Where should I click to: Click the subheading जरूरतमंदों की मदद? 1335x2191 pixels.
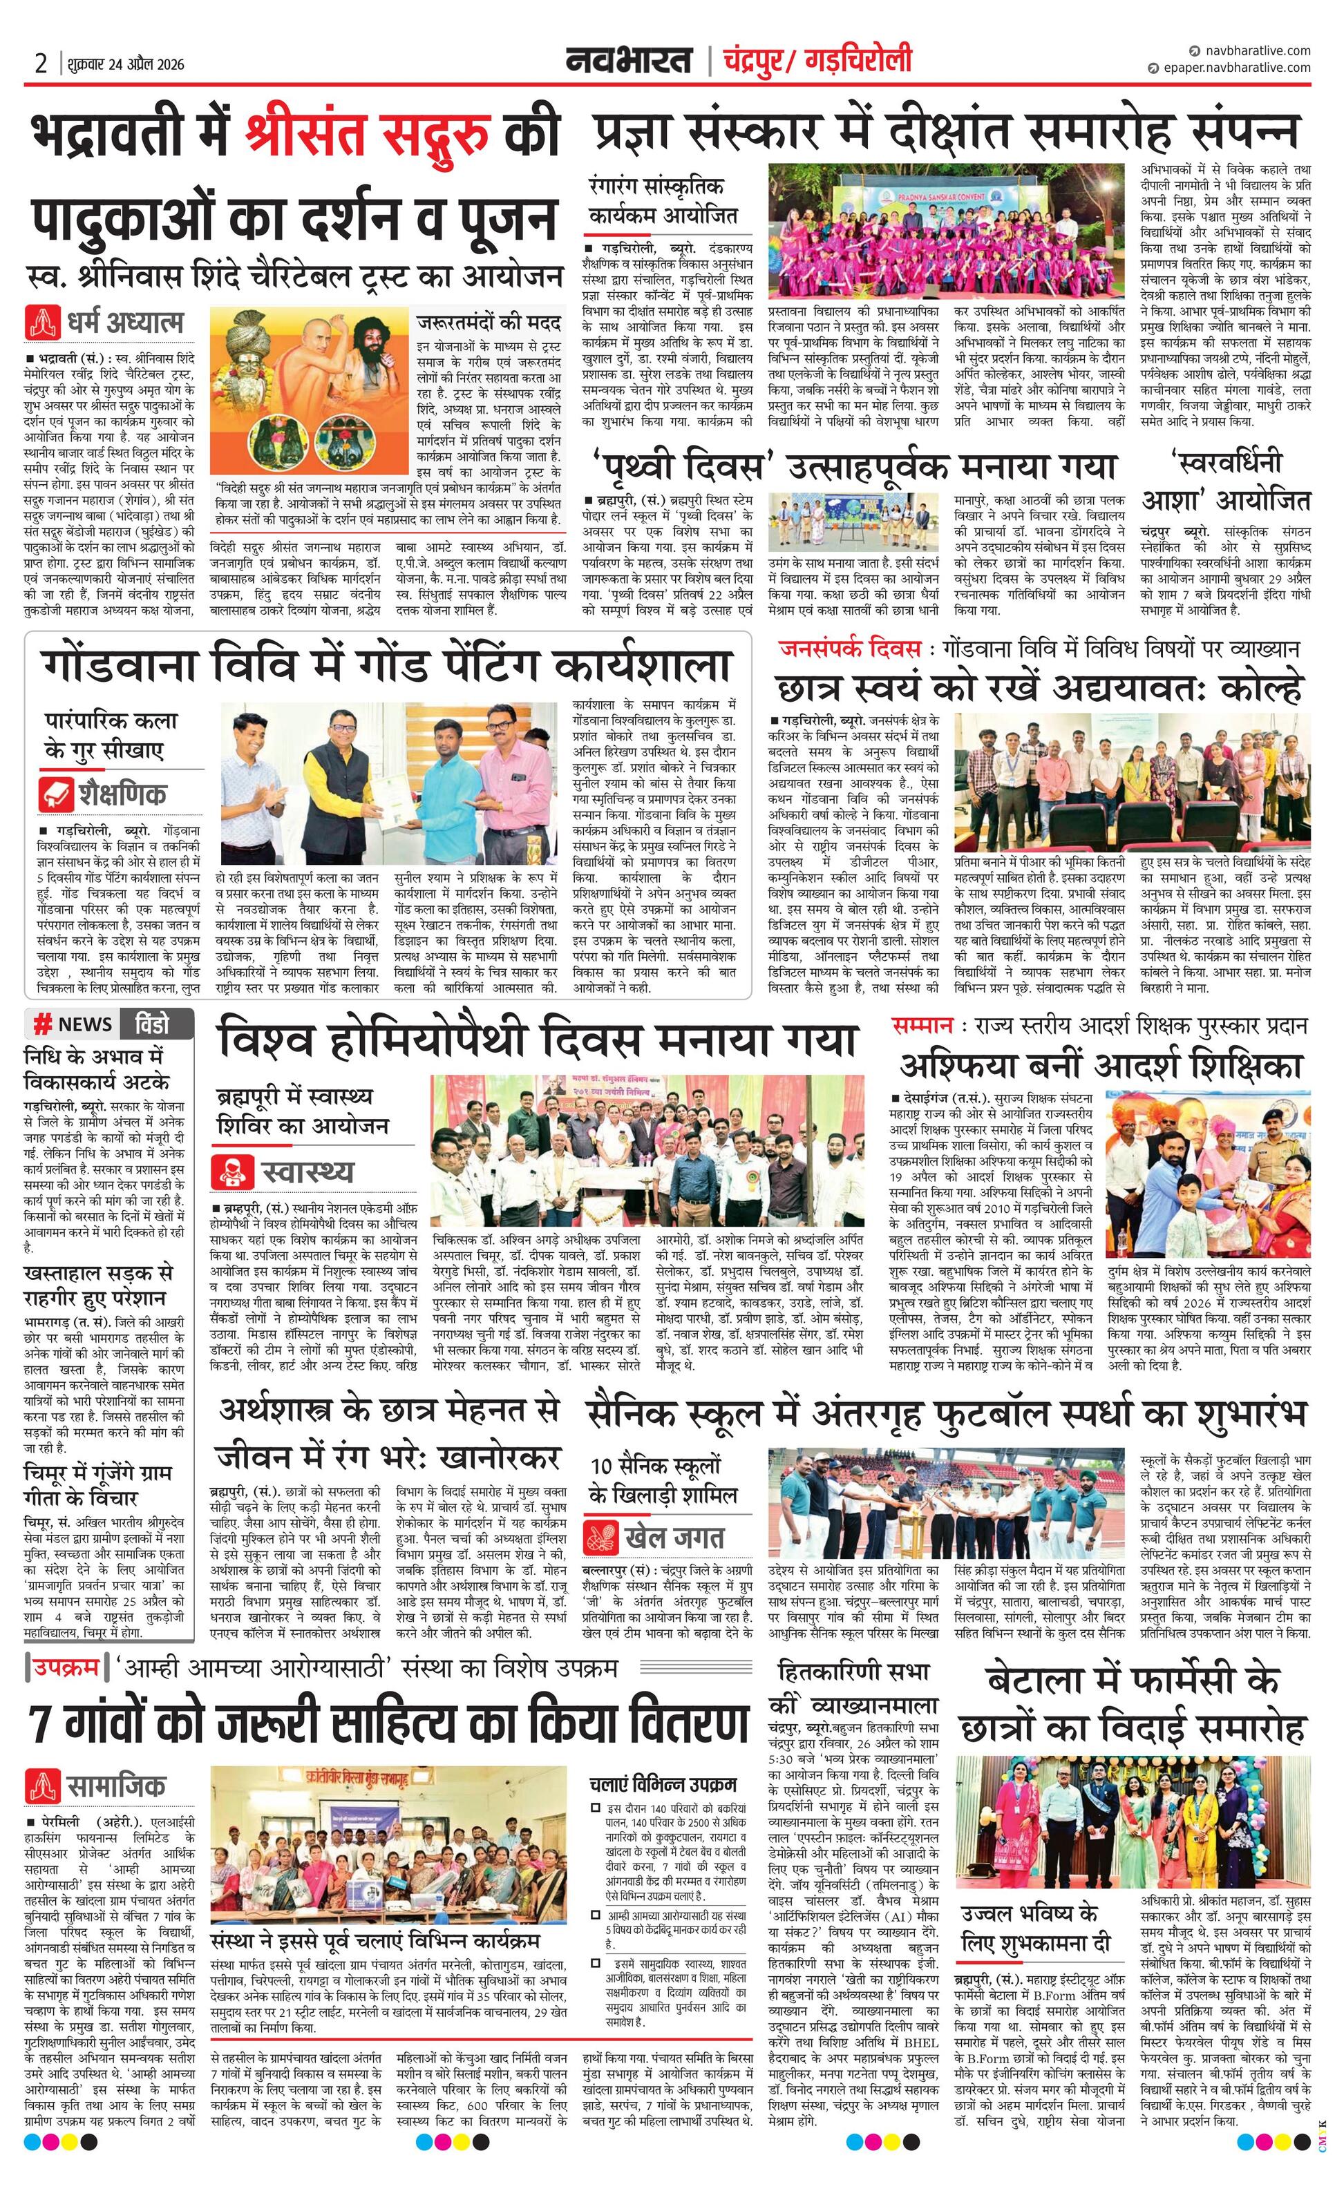coord(489,320)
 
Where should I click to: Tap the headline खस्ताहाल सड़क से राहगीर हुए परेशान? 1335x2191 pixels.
coord(98,1285)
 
